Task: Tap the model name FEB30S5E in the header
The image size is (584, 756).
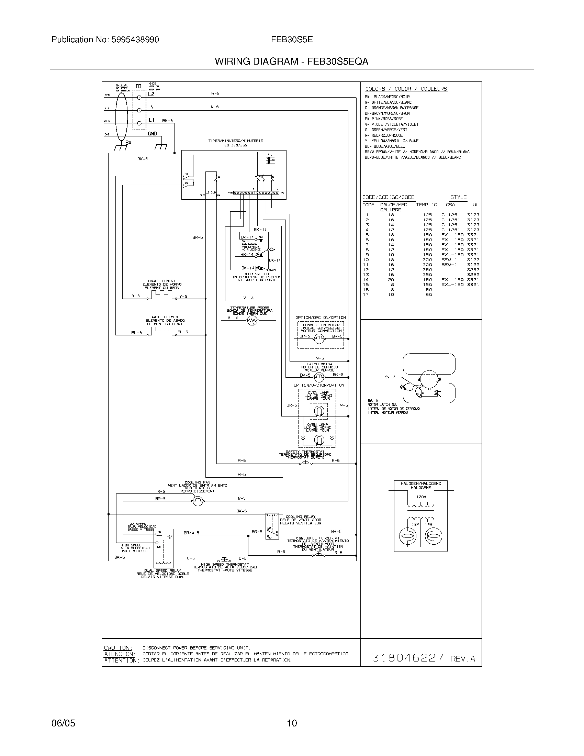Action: pos(292,40)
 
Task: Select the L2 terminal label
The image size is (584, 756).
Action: pos(151,94)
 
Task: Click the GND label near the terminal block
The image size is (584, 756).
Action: pos(153,134)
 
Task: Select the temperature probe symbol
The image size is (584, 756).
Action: pos(252,322)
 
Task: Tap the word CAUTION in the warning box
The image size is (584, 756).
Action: pos(118,648)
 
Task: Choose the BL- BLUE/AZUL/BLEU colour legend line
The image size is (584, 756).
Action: pos(385,146)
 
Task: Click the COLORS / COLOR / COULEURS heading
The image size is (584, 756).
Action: pos(406,89)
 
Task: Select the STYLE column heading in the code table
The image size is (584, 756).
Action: pos(458,197)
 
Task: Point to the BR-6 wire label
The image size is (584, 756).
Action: pos(198,237)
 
